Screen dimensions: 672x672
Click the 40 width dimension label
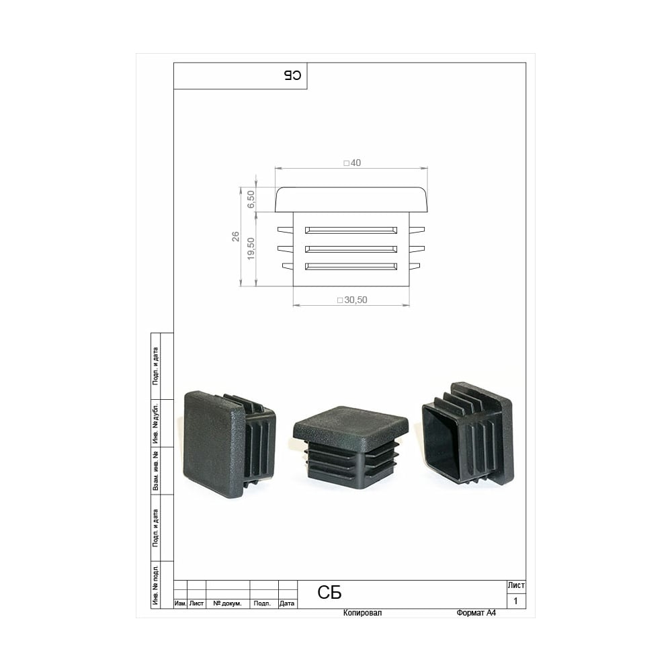pyautogui.click(x=352, y=163)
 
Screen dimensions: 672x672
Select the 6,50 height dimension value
pyautogui.click(x=251, y=200)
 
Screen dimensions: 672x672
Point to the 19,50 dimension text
pyautogui.click(x=251, y=249)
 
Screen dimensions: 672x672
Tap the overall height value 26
pyautogui.click(x=235, y=237)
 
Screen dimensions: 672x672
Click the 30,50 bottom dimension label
pyautogui.click(x=352, y=300)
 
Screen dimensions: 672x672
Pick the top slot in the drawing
pyautogui.click(x=351, y=230)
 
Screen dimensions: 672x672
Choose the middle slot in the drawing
pyautogui.click(x=351, y=249)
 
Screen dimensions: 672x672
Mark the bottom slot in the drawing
pyautogui.click(x=351, y=267)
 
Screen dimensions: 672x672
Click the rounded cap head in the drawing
pyautogui.click(x=351, y=200)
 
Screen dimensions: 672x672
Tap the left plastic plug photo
pyautogui.click(x=229, y=444)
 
